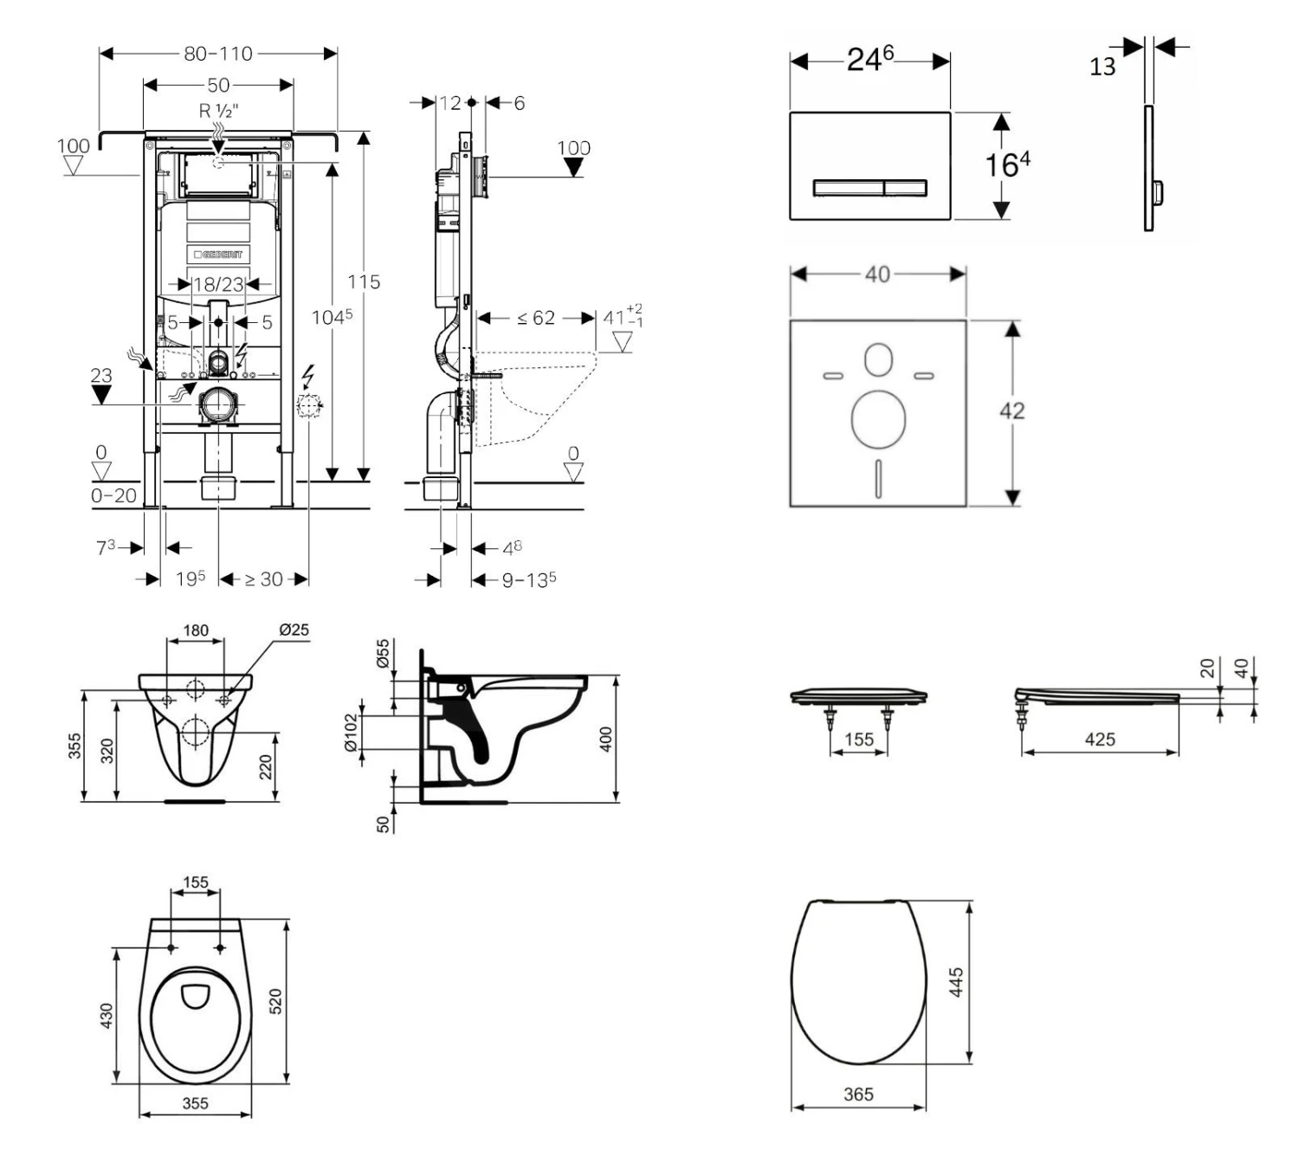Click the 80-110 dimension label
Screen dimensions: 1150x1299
click(218, 54)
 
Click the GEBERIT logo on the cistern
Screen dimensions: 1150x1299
click(218, 255)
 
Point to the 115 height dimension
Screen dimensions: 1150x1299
click(364, 281)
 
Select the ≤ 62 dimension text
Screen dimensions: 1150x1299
click(536, 318)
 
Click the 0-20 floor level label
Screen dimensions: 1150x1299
click(113, 495)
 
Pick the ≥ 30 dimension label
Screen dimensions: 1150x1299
click(263, 579)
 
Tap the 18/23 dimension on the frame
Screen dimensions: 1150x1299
click(218, 284)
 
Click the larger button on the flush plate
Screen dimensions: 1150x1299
click(848, 188)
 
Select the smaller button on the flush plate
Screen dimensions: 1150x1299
click(905, 188)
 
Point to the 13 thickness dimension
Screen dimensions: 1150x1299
click(1102, 67)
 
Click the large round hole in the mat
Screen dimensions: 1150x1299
click(878, 419)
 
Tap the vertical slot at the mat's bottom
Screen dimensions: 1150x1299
click(878, 478)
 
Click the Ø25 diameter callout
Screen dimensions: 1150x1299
click(294, 630)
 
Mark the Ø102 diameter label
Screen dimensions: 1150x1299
click(351, 733)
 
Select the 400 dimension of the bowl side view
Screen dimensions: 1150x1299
click(605, 739)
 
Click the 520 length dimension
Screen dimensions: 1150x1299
click(276, 1001)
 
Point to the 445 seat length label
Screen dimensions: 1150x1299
click(956, 983)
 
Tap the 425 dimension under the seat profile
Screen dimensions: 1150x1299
click(1100, 739)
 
